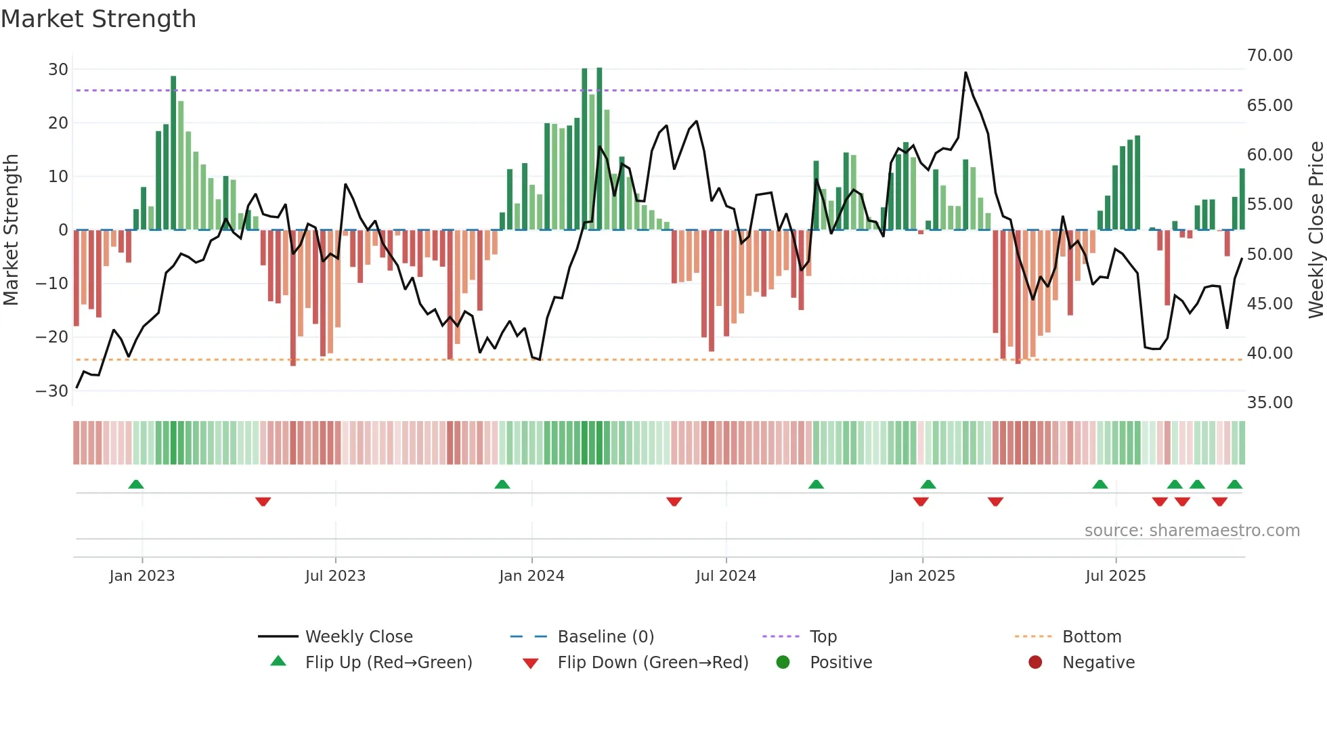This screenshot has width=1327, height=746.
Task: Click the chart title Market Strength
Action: click(x=98, y=19)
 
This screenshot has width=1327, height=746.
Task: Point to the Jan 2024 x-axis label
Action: click(x=531, y=576)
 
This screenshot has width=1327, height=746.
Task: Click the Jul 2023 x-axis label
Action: click(x=335, y=576)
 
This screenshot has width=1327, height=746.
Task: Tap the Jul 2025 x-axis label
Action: click(x=1115, y=576)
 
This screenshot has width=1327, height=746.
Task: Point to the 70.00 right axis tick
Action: click(x=1269, y=56)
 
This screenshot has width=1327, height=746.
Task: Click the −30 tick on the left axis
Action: click(x=52, y=391)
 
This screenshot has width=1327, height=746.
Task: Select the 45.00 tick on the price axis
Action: click(x=1269, y=304)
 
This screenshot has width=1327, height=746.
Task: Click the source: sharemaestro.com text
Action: click(x=1192, y=531)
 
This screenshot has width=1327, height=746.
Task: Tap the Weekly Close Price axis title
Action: click(x=1315, y=230)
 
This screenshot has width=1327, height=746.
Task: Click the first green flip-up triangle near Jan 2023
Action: click(x=136, y=484)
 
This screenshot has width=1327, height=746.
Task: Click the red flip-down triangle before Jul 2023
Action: click(x=263, y=502)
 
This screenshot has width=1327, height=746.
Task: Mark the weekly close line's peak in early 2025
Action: click(x=965, y=72)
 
